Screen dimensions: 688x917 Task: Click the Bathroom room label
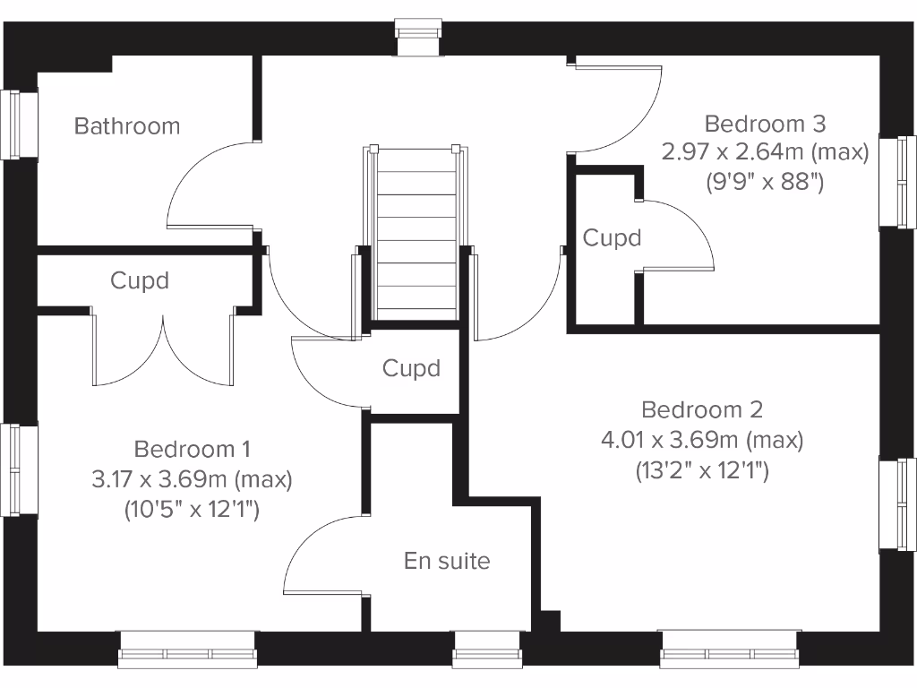coord(126,126)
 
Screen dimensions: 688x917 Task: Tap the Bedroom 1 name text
coord(192,448)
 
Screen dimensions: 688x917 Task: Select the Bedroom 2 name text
coord(702,409)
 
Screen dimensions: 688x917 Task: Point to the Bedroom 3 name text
coord(765,123)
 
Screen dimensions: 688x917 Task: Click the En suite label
coord(447,561)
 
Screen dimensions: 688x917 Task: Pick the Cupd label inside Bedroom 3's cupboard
coord(612,238)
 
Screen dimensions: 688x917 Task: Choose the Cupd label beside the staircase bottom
coord(411,368)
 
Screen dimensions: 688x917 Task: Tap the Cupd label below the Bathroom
coord(140,280)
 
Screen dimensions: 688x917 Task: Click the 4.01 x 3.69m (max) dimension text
coord(702,440)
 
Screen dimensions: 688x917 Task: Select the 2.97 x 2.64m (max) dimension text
coord(765,151)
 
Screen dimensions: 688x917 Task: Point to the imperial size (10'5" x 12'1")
coord(192,511)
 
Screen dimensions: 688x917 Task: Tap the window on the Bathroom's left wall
coord(19,125)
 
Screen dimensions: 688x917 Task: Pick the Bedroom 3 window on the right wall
coord(897,181)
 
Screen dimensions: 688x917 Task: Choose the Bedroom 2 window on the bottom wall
coord(728,650)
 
